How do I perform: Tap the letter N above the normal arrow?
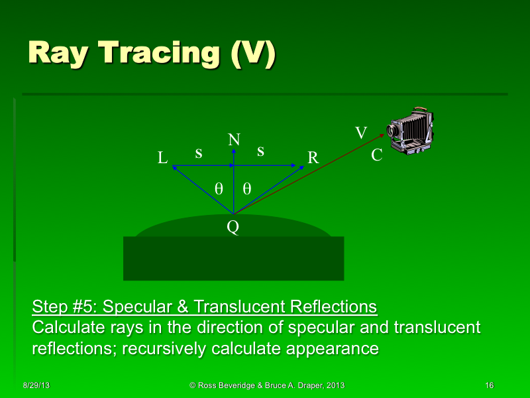(x=233, y=140)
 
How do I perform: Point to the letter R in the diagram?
(x=313, y=158)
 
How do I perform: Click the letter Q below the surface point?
(x=233, y=228)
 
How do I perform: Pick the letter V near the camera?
(x=360, y=133)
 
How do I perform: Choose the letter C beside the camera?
(x=376, y=156)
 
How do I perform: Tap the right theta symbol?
(x=246, y=188)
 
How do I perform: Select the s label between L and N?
(x=198, y=153)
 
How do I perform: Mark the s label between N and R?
(x=260, y=151)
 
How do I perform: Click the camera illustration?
(x=413, y=131)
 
